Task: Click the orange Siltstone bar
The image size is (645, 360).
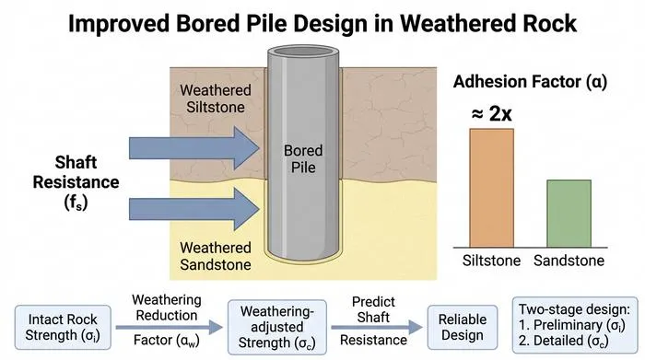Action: coord(491,188)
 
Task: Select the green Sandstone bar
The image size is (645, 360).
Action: coord(569,214)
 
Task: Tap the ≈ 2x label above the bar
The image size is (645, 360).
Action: coord(491,113)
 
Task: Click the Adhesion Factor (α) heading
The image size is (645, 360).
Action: coord(530,82)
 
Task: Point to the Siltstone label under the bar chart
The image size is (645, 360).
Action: coord(491,261)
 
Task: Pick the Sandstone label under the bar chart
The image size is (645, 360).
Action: coord(569,261)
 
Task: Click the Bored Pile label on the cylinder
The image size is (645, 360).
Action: coord(303,158)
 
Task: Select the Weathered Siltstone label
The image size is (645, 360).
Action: coord(216,99)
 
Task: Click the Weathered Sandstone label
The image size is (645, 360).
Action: coord(216,256)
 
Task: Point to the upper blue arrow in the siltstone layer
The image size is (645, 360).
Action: coord(194,148)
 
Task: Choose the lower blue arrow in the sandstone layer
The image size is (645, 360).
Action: coord(194,209)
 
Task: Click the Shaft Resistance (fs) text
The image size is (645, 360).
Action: coord(76,182)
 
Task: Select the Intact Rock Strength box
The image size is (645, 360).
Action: coord(63,327)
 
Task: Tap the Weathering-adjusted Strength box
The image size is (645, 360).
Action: coord(277,327)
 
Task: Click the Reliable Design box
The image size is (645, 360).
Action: coord(463,327)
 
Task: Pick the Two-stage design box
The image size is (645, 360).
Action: coord(575,325)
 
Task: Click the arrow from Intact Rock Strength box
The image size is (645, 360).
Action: coord(169,327)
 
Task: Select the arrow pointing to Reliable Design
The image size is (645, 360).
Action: coord(377,327)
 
